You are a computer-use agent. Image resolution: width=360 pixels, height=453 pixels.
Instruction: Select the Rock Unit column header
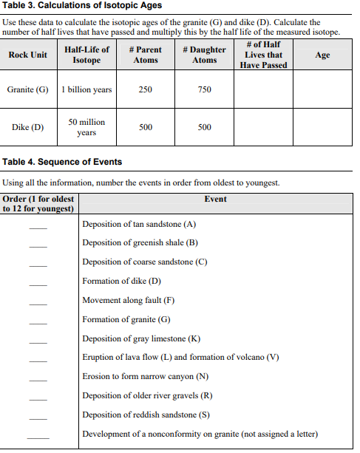coord(27,55)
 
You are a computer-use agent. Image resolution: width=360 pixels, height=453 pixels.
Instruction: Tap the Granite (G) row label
coord(27,89)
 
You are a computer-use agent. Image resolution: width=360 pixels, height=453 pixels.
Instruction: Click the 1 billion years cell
coord(86,89)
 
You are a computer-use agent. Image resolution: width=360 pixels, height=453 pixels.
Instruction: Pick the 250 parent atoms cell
coord(146,89)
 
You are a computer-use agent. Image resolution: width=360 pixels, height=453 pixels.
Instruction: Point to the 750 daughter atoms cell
coord(205,89)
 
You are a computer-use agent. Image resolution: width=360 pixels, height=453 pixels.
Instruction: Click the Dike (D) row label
coord(27,127)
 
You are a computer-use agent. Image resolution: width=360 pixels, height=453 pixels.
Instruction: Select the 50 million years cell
coord(86,127)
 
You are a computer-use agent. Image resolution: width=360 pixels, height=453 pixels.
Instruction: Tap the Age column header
coord(322,55)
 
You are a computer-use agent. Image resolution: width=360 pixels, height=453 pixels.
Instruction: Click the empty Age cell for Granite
coord(322,89)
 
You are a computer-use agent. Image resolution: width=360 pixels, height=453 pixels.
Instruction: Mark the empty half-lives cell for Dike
coord(263,127)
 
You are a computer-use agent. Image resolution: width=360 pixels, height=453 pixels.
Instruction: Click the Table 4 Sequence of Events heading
coord(63,162)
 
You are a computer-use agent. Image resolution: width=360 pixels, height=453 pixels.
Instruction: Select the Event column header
coord(216,199)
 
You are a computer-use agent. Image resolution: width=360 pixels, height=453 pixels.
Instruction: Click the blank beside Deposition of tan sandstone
coord(38,226)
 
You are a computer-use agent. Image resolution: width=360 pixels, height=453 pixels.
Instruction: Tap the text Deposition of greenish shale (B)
coord(140,242)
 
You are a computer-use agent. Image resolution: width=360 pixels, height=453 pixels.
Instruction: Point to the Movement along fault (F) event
coord(129,300)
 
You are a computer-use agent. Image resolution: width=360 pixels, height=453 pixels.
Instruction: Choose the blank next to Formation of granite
coord(38,322)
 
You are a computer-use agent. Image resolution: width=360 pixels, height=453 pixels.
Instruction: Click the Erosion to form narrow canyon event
coord(145,376)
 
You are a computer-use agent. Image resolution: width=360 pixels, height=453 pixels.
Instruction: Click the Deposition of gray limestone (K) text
coord(141,338)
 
